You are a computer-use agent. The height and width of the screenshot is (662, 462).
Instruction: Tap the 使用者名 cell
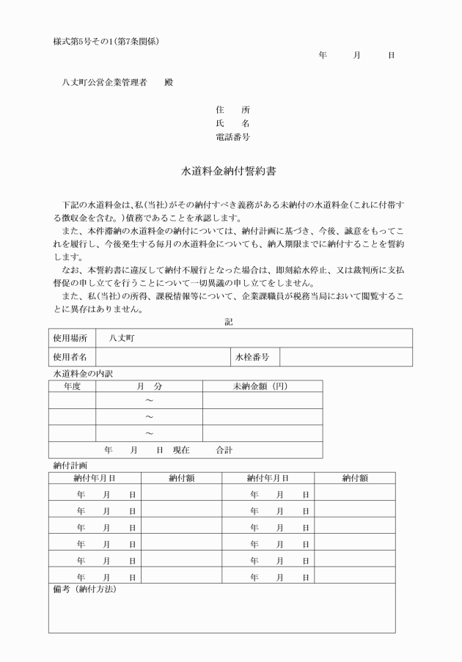pyautogui.click(x=71, y=357)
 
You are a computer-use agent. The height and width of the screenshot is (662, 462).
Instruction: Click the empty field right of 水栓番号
pyautogui.click(x=345, y=357)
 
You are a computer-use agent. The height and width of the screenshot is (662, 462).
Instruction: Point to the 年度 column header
pyautogui.click(x=72, y=386)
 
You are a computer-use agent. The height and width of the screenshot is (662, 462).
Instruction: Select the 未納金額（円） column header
pyautogui.click(x=262, y=386)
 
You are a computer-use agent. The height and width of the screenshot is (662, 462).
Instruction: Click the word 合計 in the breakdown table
pyautogui.click(x=224, y=450)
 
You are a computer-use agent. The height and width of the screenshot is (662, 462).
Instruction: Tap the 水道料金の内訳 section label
pyautogui.click(x=84, y=373)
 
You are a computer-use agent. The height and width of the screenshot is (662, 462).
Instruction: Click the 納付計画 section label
pyautogui.click(x=70, y=466)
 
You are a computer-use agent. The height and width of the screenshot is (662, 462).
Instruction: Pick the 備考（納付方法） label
pyautogui.click(x=85, y=589)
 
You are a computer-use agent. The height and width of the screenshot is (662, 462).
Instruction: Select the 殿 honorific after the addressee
pyautogui.click(x=169, y=83)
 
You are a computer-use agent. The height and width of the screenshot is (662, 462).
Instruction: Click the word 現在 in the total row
pyautogui.click(x=180, y=450)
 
